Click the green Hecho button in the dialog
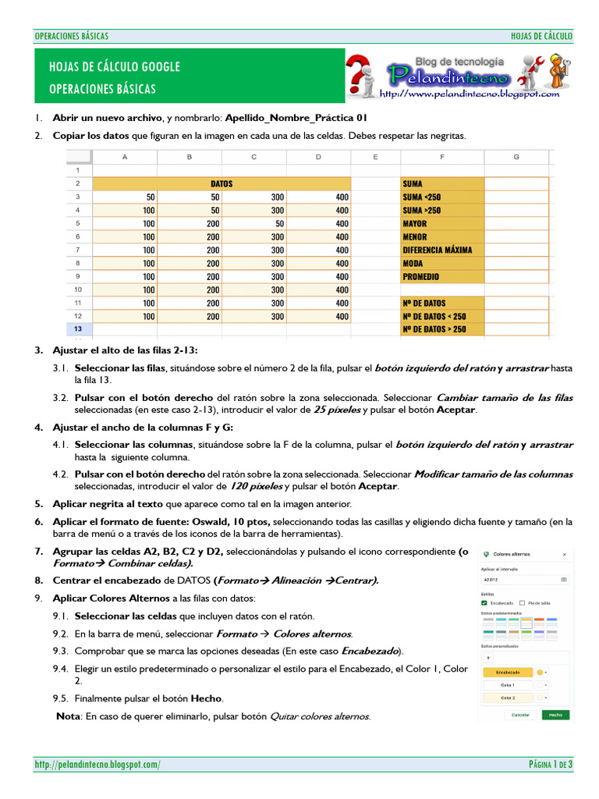555,714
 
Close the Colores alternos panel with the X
564,554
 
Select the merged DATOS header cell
222,184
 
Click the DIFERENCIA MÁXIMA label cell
441,250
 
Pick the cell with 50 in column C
253,224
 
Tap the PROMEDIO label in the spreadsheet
441,277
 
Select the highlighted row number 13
78,329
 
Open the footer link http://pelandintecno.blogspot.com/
97,765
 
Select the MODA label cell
441,264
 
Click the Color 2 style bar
508,698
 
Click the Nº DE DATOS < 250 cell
441,316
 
